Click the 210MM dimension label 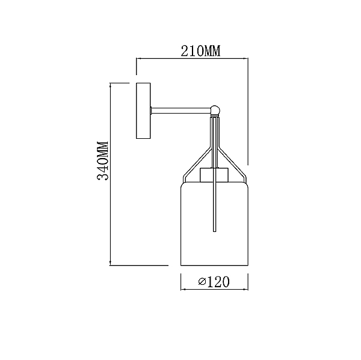[x=200, y=51]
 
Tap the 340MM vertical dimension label [x=103, y=161]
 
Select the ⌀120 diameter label [x=214, y=281]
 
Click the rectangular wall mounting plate [x=143, y=111]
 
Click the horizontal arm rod [x=180, y=110]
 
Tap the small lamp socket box [x=214, y=175]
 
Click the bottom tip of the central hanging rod [x=215, y=231]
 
